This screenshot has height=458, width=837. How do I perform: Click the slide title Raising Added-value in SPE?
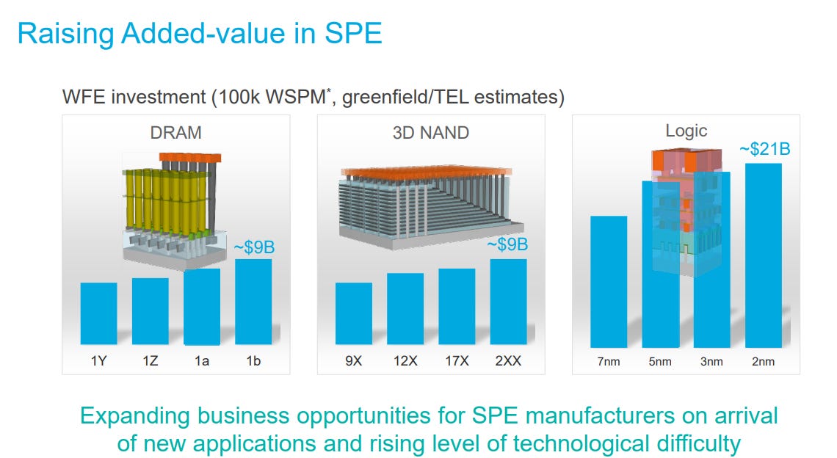[x=199, y=34]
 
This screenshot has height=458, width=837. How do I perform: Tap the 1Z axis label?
[x=150, y=361]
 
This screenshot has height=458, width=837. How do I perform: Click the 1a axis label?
[x=202, y=361]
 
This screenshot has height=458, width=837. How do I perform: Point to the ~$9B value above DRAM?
[x=253, y=248]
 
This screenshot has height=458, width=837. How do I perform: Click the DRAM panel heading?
[x=175, y=133]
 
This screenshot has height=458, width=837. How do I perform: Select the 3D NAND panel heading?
[x=430, y=133]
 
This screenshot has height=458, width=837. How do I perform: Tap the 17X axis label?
[x=457, y=361]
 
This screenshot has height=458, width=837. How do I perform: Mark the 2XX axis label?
[x=508, y=361]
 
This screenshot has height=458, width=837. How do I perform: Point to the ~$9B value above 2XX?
[x=507, y=244]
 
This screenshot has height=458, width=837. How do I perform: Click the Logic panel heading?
[x=686, y=131]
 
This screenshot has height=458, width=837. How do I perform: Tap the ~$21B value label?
[x=764, y=150]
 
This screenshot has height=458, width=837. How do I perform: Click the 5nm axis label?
[x=660, y=361]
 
